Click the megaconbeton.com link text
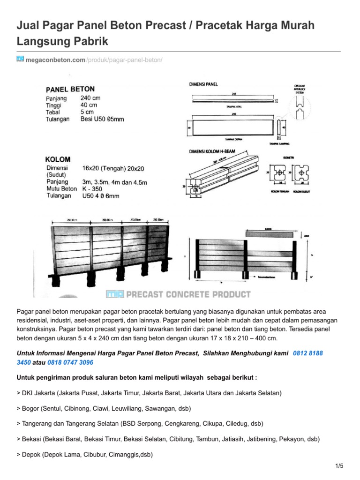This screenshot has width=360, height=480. coord(55,60)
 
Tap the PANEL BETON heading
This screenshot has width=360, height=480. coord(70,89)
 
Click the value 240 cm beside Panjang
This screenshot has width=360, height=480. coord(90,98)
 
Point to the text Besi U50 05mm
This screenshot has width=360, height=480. coord(102,120)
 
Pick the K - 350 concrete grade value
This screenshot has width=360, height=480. coord(91,188)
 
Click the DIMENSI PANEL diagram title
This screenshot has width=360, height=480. coord(203,84)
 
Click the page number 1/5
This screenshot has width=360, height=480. coord(340,465)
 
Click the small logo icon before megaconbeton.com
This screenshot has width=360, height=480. coord(20,59)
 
